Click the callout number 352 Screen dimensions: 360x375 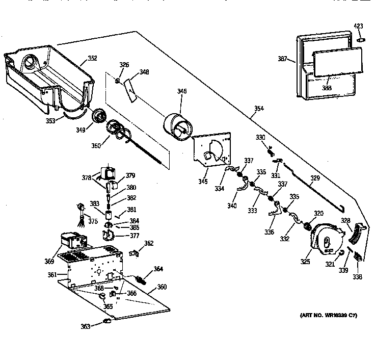[92, 58]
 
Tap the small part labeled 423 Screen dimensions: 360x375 [360, 38]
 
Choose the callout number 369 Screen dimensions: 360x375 [49, 262]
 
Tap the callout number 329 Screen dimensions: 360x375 [315, 178]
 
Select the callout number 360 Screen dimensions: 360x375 [162, 287]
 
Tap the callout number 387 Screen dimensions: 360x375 [283, 60]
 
